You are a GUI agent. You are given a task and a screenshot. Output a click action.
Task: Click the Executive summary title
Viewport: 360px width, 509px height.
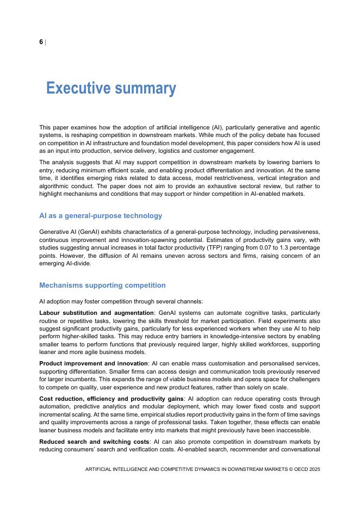click(x=111, y=88)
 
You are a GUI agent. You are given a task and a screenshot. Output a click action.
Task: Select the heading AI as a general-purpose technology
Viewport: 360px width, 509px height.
click(x=101, y=216)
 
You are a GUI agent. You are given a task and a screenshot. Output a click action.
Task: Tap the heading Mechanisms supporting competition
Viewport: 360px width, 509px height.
click(x=102, y=285)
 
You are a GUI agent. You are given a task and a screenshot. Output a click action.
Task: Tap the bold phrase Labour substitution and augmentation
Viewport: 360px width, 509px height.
click(x=97, y=313)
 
